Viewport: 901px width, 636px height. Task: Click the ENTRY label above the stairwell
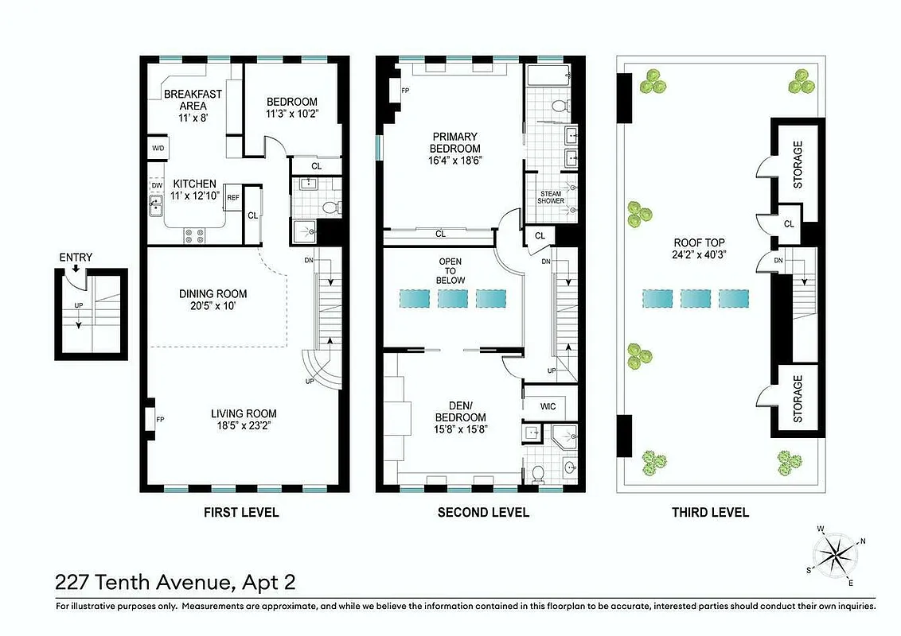pos(76,258)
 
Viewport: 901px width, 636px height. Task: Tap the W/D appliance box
pos(158,149)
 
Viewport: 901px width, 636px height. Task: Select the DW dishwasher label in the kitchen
pos(157,185)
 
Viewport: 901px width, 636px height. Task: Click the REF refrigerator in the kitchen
pos(233,198)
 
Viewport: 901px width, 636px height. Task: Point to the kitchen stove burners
pos(193,235)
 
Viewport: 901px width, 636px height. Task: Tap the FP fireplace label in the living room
pos(160,419)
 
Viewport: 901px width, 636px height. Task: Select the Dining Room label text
pos(213,293)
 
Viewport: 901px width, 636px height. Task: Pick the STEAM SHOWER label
pos(552,197)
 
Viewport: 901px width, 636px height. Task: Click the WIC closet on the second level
pos(548,407)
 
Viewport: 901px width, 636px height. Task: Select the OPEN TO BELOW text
pos(450,271)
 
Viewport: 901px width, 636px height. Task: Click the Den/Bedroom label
pos(460,411)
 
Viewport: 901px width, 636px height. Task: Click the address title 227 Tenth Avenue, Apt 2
pos(175,583)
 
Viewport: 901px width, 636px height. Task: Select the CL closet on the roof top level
pos(789,224)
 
